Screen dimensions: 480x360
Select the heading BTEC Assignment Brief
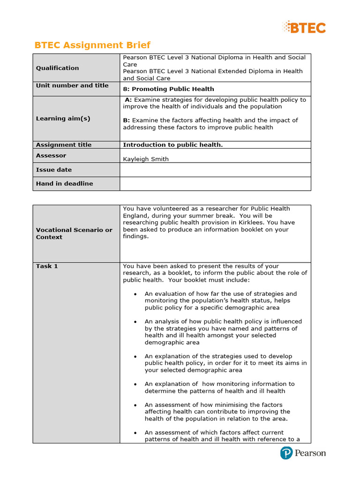pyautogui.click(x=92, y=45)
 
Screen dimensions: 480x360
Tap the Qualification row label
pyautogui.click(x=57, y=68)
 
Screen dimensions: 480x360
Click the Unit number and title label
pyautogui.click(x=72, y=85)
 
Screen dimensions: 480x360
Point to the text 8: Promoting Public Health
pyautogui.click(x=168, y=89)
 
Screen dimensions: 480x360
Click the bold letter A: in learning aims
pyautogui.click(x=128, y=100)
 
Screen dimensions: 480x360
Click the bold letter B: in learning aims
pyautogui.click(x=127, y=120)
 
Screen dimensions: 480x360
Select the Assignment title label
pyautogui.click(x=64, y=145)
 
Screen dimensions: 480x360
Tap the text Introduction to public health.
pyautogui.click(x=172, y=145)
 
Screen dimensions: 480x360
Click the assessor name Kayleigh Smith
pyautogui.click(x=145, y=159)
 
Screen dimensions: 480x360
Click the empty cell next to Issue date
pyautogui.click(x=215, y=170)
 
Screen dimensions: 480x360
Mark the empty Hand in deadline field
pyautogui.click(x=215, y=184)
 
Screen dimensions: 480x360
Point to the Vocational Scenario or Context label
pyautogui.click(x=74, y=233)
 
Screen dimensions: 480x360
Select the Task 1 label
pyautogui.click(x=47, y=266)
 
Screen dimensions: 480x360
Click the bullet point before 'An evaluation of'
pyautogui.click(x=135, y=294)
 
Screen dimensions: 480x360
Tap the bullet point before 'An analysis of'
pyautogui.click(x=135, y=322)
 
